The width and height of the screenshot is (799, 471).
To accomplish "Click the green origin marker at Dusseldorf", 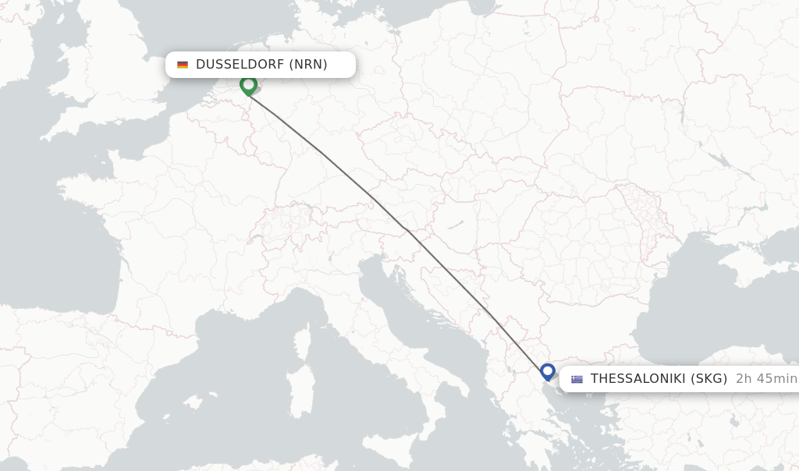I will coord(249,84).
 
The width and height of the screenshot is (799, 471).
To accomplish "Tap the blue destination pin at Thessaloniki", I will coord(548,371).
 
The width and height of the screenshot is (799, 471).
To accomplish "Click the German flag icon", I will coord(183,65).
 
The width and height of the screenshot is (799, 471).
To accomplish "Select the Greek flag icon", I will coord(577,380).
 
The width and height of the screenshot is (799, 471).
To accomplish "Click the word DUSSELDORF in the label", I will coord(240,65).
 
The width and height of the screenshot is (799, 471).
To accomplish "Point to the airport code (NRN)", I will coord(308,65).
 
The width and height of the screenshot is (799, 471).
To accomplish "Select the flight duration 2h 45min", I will coord(766,379).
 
